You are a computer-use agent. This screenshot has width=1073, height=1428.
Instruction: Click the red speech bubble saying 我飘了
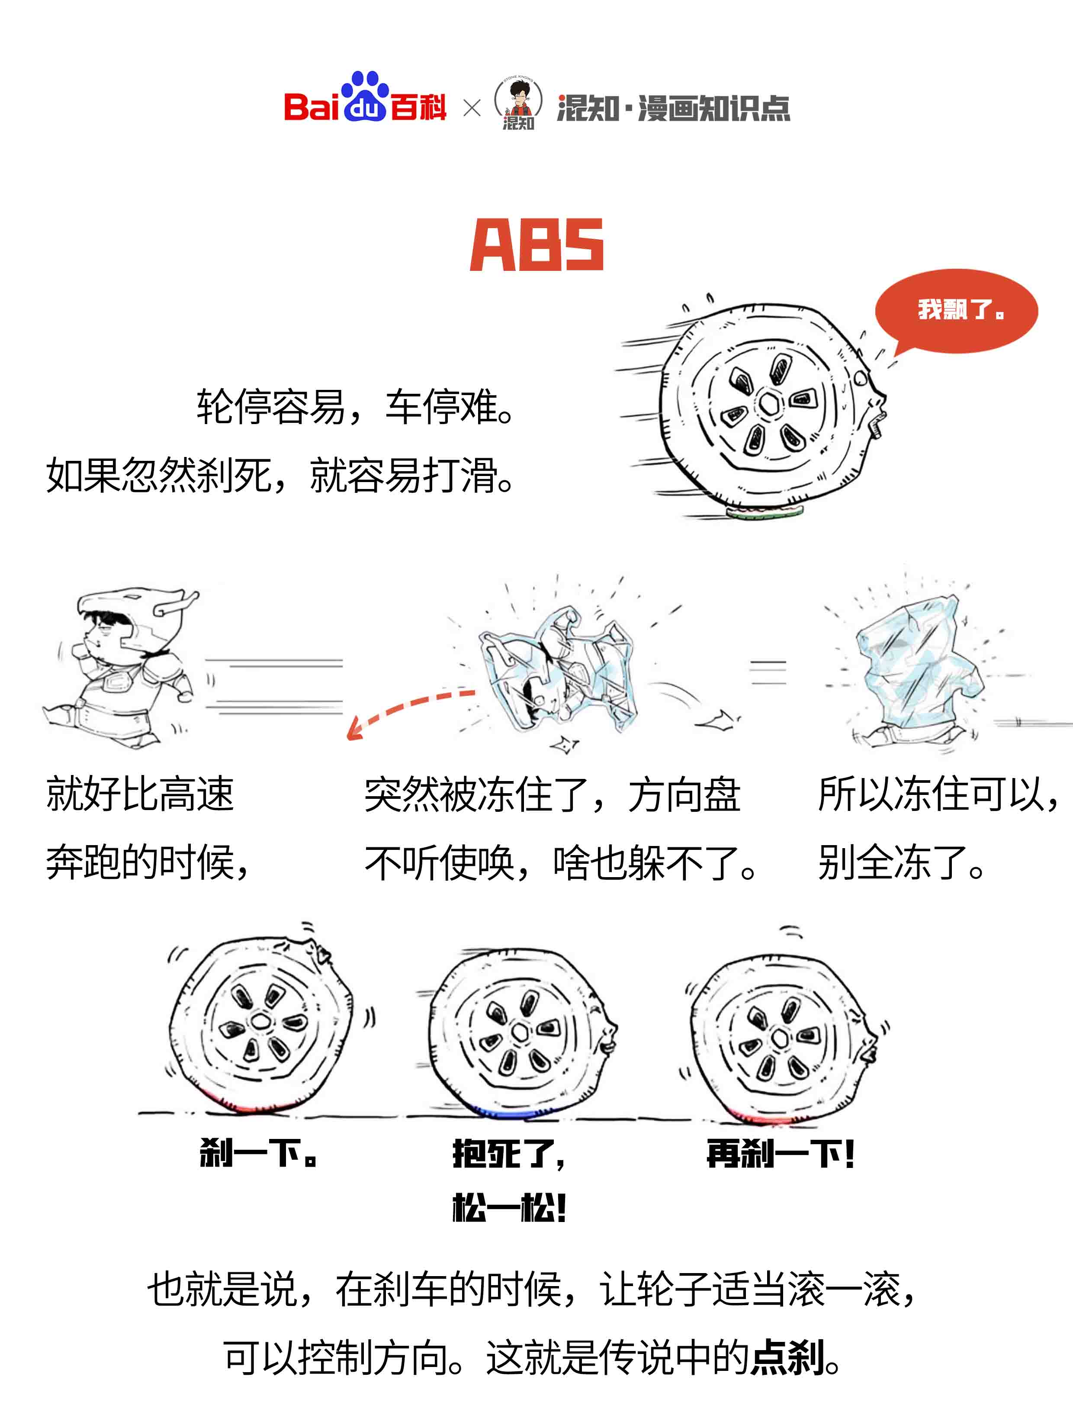click(955, 311)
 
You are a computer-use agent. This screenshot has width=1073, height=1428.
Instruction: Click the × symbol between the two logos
click(472, 108)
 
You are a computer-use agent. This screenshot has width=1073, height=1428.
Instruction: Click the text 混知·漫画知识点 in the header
click(673, 108)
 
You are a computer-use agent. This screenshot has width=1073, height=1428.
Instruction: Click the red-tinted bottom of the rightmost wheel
click(762, 1117)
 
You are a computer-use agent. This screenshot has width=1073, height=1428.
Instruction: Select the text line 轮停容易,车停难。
click(355, 408)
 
